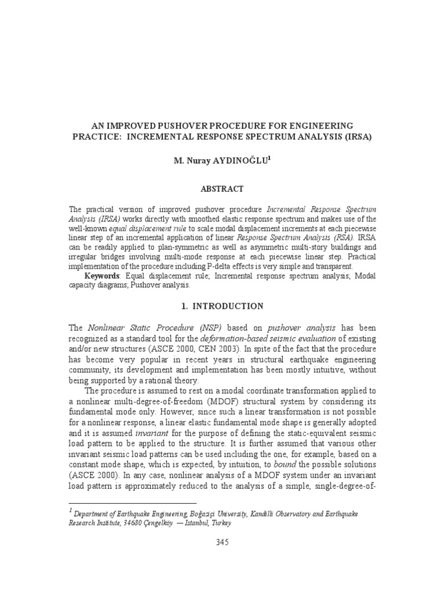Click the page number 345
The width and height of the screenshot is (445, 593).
222,543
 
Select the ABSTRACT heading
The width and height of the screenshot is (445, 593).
222,189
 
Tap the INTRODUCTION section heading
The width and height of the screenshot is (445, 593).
227,306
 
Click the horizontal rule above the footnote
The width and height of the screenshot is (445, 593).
133,503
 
